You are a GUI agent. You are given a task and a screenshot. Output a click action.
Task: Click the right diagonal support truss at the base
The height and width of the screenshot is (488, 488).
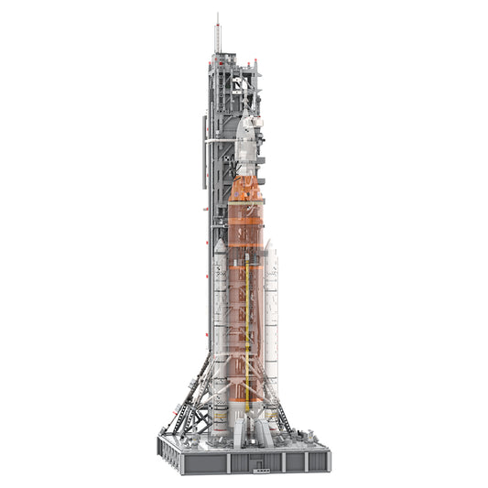[x=284, y=398]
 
